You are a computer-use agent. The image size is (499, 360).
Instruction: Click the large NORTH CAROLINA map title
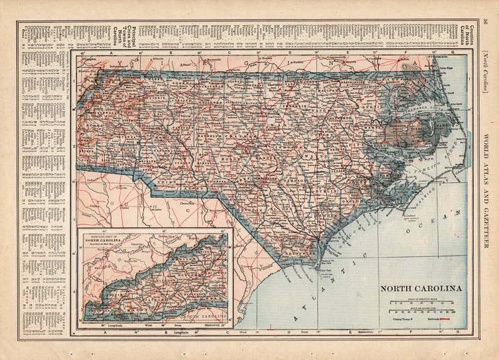coord(420,288)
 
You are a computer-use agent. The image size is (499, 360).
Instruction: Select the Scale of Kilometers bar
coord(420,311)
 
